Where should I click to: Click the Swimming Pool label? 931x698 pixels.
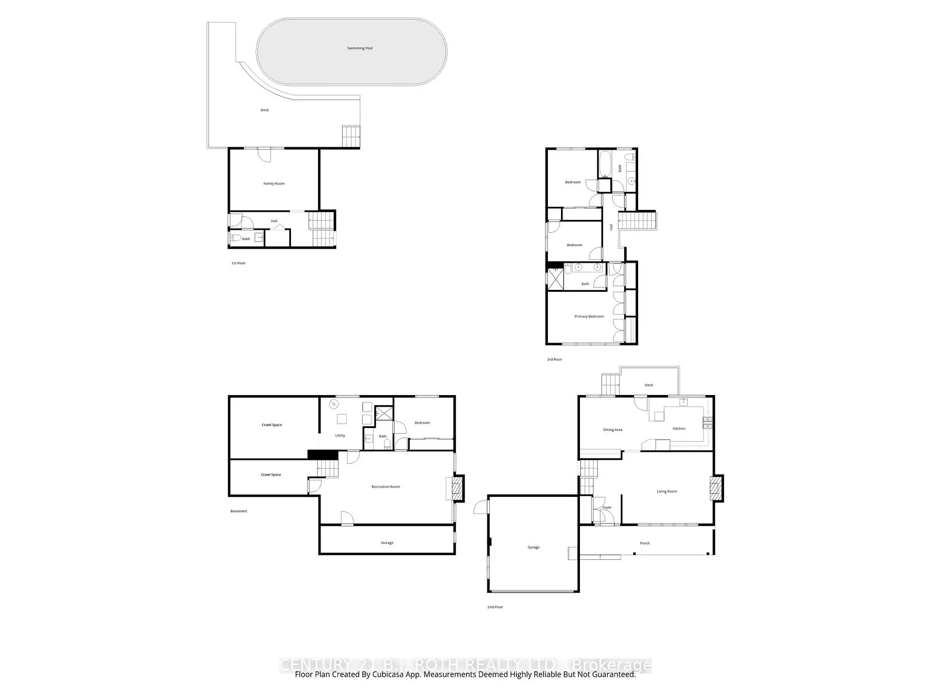click(360, 48)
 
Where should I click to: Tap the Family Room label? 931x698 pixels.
click(274, 184)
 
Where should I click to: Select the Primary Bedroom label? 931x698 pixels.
click(589, 317)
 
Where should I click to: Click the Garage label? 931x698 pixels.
click(533, 547)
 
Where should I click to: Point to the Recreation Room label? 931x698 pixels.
click(385, 487)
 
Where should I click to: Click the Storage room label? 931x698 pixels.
click(387, 543)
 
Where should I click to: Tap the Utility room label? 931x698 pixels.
click(340, 436)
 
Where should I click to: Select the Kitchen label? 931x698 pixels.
click(679, 428)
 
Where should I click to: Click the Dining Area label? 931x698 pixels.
click(612, 430)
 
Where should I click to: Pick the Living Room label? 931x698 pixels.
click(667, 492)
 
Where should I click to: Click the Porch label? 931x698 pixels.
click(645, 543)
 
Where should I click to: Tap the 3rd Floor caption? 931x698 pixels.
click(554, 360)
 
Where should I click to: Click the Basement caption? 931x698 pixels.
click(239, 511)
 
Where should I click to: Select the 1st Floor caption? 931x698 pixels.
click(238, 263)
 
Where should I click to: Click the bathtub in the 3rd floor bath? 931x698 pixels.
click(605, 165)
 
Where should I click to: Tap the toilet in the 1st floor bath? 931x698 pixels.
click(235, 238)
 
